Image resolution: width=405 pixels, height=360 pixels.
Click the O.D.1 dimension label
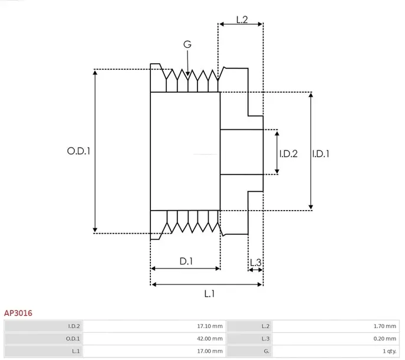click(78, 151)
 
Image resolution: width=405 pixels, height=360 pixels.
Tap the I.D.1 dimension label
click(321, 154)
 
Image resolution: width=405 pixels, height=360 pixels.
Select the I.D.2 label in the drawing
click(288, 154)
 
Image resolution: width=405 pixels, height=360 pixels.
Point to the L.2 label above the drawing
click(242, 19)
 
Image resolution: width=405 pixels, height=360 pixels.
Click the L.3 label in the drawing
click(256, 263)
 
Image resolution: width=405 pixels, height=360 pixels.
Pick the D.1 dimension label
click(186, 261)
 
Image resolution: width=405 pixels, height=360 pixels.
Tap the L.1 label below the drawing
click(209, 294)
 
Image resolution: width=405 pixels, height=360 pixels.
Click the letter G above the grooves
click(187, 44)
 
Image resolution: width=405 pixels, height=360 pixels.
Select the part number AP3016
click(18, 313)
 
